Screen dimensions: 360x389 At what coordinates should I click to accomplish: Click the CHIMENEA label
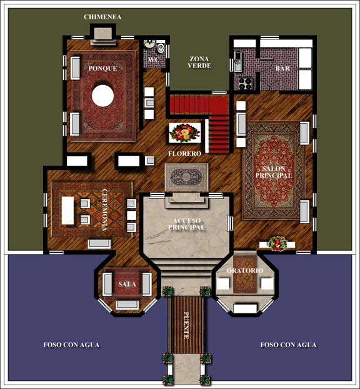[102, 17]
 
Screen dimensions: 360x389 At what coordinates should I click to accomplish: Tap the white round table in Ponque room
[102, 96]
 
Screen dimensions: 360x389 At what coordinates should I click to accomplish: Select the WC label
[153, 59]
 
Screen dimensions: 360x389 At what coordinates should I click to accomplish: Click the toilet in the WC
[161, 48]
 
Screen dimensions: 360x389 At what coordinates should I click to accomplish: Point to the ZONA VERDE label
[199, 63]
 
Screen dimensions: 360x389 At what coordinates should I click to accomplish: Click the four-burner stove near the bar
[245, 83]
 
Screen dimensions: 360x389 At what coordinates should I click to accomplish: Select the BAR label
[282, 68]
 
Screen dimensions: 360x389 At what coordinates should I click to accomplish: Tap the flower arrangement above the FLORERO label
[185, 133]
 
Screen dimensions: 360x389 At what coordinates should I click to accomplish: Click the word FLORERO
[185, 154]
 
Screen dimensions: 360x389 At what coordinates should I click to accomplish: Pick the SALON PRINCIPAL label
[274, 172]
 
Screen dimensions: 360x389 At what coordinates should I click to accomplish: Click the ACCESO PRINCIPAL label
[187, 224]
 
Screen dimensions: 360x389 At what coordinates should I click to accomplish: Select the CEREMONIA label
[105, 210]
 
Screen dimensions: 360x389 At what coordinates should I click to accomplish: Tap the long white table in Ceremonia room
[67, 210]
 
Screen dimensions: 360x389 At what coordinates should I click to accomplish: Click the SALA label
[127, 284]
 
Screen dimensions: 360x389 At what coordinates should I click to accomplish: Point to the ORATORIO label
[245, 270]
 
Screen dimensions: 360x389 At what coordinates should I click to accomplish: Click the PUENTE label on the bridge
[186, 325]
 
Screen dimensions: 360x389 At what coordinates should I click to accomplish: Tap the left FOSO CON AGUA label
[71, 345]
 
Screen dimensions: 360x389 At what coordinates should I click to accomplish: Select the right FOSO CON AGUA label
[288, 345]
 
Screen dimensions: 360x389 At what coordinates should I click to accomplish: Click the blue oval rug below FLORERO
[186, 177]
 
